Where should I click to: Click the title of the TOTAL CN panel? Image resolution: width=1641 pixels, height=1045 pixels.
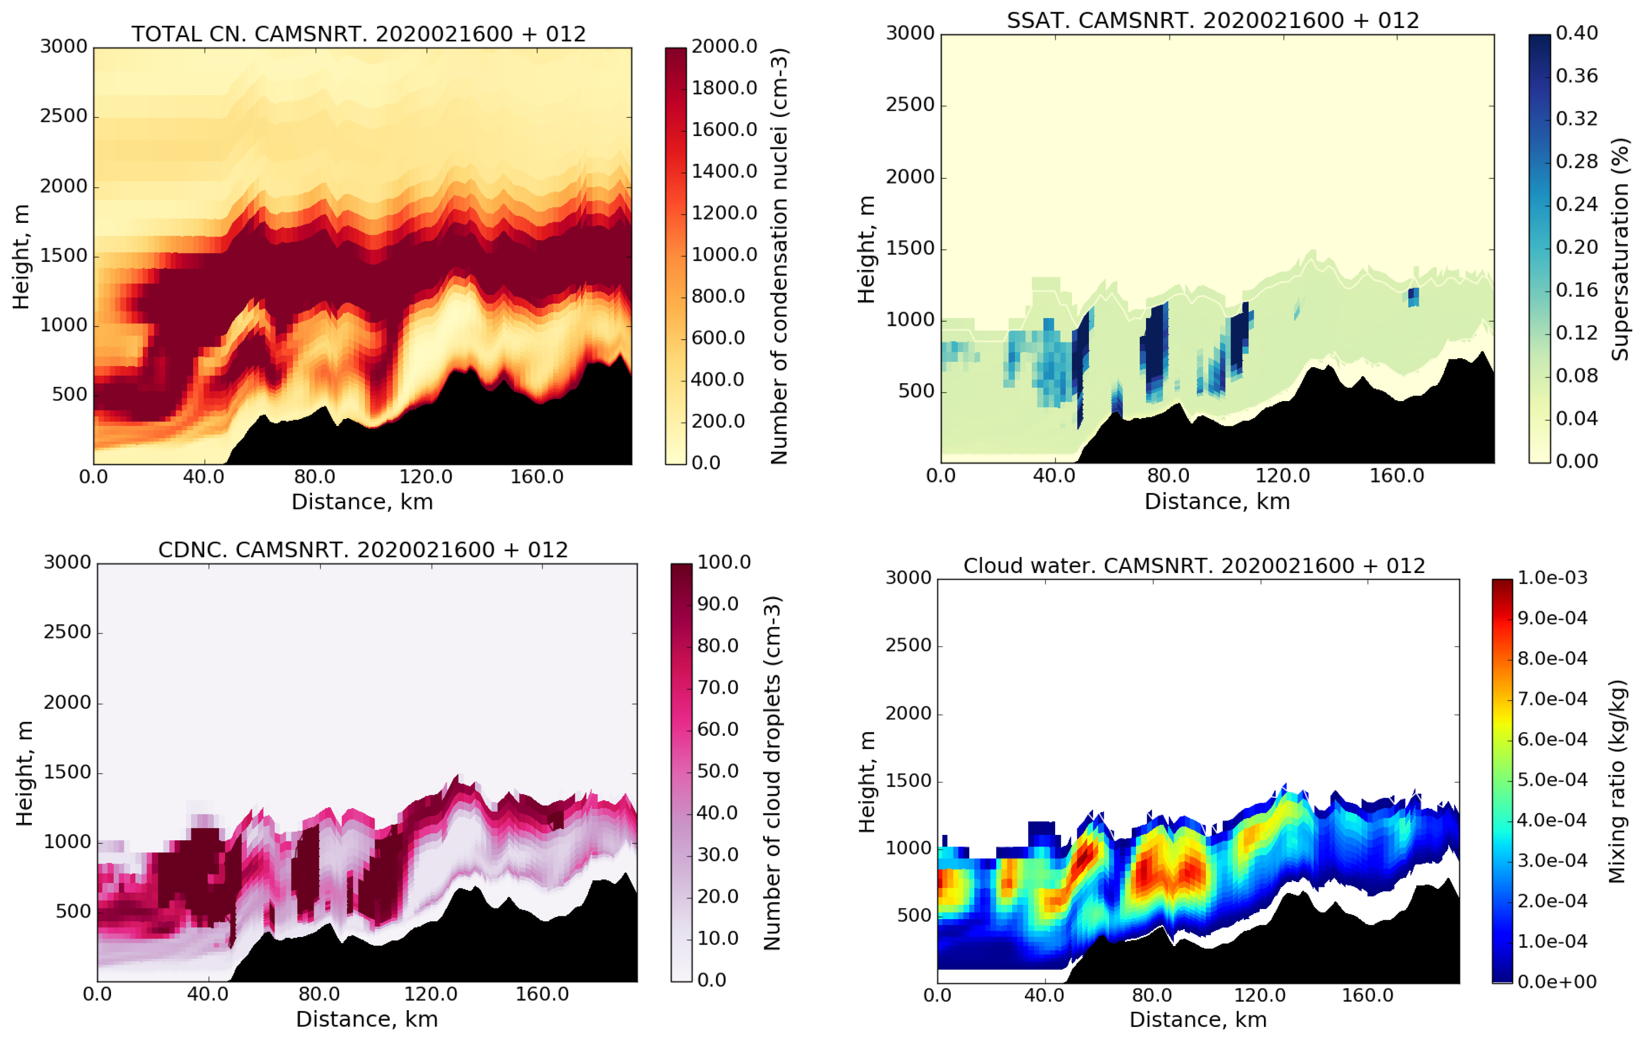tap(359, 34)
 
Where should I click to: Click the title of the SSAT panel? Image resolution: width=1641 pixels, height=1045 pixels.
tap(1213, 21)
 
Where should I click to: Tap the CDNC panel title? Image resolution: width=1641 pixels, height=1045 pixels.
tap(363, 550)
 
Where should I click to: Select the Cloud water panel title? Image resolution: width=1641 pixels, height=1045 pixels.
tap(1194, 566)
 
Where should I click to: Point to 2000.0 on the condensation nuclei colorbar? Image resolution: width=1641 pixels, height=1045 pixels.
tap(724, 47)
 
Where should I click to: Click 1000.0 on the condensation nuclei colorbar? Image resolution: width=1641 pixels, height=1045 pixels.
tap(724, 255)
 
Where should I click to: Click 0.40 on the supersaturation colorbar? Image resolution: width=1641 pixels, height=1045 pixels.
tap(1576, 33)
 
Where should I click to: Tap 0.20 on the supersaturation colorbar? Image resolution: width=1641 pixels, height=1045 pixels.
tap(1576, 247)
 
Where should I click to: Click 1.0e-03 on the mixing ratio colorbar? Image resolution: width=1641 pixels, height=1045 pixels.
tap(1552, 578)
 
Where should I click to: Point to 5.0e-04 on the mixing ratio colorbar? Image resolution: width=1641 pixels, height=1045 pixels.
tap(1552, 780)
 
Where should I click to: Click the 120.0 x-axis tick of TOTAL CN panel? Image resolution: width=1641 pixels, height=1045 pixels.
tap(426, 477)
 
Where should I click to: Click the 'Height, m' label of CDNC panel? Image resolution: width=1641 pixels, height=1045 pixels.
tap(24, 773)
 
